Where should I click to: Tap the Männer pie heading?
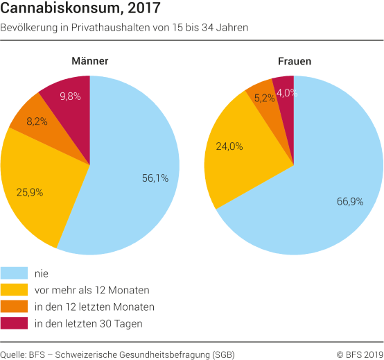point(90,61)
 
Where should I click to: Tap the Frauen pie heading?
point(294,61)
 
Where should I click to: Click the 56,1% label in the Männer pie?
point(155,178)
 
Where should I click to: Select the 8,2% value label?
point(37,121)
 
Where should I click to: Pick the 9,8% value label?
point(70,96)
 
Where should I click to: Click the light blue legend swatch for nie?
point(14,273)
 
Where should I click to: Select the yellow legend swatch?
point(14,289)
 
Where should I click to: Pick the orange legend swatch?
point(14,306)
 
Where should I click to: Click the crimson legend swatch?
point(14,323)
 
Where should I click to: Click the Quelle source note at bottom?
point(118,354)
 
